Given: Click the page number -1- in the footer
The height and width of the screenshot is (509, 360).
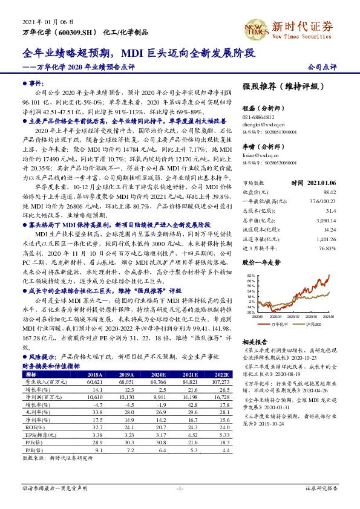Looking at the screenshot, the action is click(180, 487).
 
